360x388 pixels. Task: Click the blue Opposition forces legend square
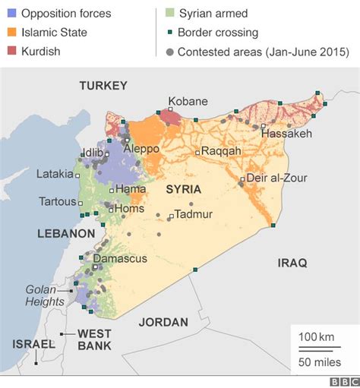(11, 14)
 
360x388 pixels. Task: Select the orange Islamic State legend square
(11, 33)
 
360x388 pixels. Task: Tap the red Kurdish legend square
(11, 52)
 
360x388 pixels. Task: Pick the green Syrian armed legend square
(170, 14)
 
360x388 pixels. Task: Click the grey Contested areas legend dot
(170, 52)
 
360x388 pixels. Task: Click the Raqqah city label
(221, 151)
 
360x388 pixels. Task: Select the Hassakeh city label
(286, 134)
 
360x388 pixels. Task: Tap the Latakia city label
(55, 174)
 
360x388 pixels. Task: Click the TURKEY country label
(103, 86)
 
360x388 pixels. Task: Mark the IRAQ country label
(292, 263)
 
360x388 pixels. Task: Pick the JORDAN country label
(163, 322)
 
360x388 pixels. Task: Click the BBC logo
(343, 381)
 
